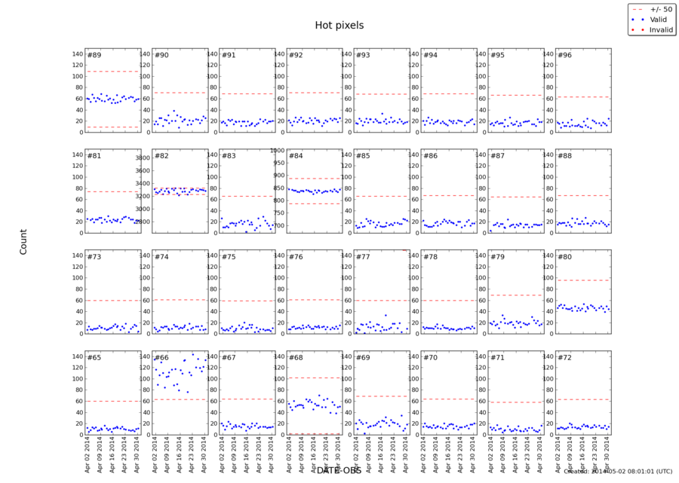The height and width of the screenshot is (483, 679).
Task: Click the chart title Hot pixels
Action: pyautogui.click(x=339, y=26)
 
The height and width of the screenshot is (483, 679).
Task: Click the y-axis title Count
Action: pyautogui.click(x=23, y=241)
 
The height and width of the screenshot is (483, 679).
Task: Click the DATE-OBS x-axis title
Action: pyautogui.click(x=339, y=471)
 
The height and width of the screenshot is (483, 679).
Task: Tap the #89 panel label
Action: pyautogui.click(x=94, y=56)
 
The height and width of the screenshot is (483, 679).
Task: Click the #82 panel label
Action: pyautogui.click(x=161, y=156)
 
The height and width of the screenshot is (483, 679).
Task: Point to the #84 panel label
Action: pyautogui.click(x=296, y=156)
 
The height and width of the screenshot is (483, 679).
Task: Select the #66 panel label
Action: pyautogui.click(x=161, y=358)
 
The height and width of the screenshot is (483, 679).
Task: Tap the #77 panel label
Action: pyautogui.click(x=363, y=257)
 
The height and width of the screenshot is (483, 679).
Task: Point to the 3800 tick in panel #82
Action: pyautogui.click(x=144, y=158)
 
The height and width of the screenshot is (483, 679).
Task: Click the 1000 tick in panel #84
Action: pyautogui.click(x=277, y=150)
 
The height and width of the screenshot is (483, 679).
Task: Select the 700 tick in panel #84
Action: pyautogui.click(x=278, y=226)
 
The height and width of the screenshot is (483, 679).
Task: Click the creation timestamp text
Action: pyautogui.click(x=618, y=472)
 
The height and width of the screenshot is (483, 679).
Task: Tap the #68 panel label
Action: pyautogui.click(x=296, y=358)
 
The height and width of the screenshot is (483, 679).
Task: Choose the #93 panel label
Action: pyautogui.click(x=363, y=56)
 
